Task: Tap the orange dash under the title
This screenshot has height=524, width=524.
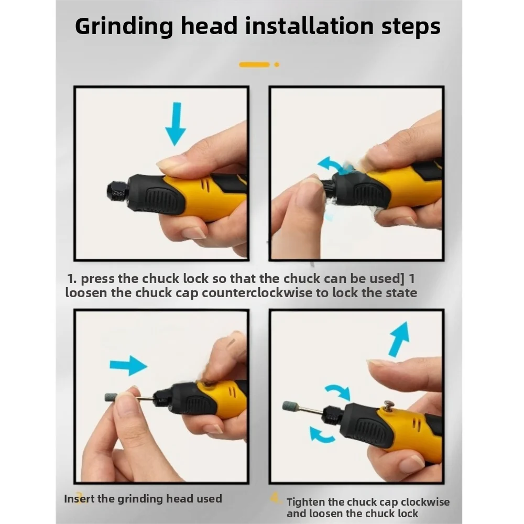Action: [x=254, y=64]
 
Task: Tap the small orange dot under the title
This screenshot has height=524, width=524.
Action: [x=277, y=64]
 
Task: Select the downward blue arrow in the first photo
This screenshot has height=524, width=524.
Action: [x=175, y=124]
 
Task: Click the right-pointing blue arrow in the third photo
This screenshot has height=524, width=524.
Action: [x=128, y=365]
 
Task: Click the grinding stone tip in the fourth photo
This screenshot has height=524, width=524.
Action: [x=289, y=406]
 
